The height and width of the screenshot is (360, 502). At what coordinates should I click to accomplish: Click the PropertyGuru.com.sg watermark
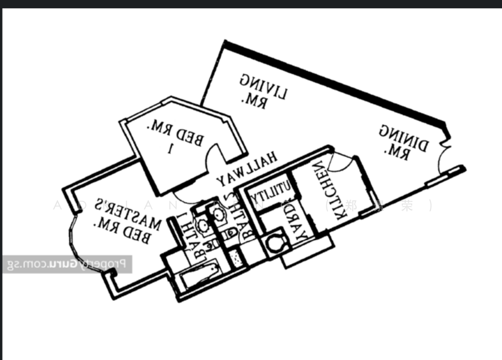pos(66,264)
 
